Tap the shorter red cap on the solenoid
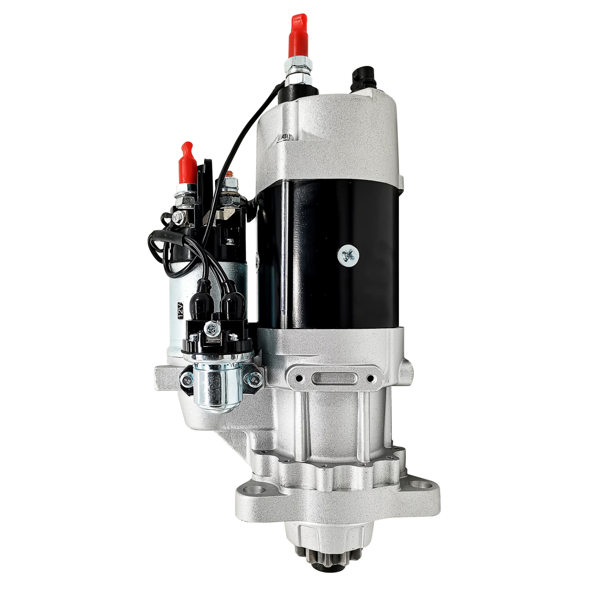[x=188, y=164]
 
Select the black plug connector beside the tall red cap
[x=360, y=77]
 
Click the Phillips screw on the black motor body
[x=348, y=256]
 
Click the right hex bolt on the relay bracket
[x=255, y=380]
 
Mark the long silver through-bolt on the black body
[x=284, y=254]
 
